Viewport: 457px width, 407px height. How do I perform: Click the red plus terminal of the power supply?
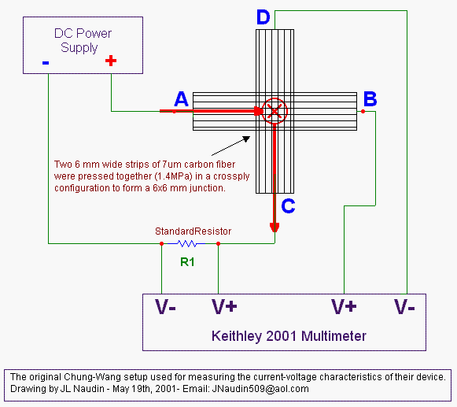(x=111, y=61)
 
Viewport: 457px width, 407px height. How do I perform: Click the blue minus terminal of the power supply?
(x=46, y=62)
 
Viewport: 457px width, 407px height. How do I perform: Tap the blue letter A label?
(x=181, y=99)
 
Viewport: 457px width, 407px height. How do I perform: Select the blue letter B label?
(x=370, y=98)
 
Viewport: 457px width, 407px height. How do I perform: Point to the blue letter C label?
(x=288, y=206)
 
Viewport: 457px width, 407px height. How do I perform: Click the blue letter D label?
(x=264, y=17)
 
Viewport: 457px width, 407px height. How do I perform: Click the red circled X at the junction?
(x=275, y=111)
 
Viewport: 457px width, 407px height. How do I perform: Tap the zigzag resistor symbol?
(x=187, y=243)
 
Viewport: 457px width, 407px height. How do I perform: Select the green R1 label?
(x=187, y=262)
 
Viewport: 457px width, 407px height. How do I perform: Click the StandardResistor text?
(x=193, y=231)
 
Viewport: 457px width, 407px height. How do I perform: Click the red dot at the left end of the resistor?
(x=162, y=243)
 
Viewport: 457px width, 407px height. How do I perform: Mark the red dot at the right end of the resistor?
(x=219, y=243)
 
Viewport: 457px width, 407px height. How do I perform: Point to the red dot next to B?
(x=363, y=111)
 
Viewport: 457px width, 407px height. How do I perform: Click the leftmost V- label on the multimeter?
(x=165, y=307)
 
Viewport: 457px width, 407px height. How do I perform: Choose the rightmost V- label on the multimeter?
(x=404, y=307)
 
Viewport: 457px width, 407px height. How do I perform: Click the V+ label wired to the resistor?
(x=224, y=307)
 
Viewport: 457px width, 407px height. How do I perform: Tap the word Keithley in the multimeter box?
(x=237, y=336)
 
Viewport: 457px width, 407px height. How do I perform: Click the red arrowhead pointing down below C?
(x=275, y=228)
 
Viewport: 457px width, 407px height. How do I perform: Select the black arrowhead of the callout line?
(x=246, y=139)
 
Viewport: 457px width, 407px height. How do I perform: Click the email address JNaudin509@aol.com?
(x=260, y=389)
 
